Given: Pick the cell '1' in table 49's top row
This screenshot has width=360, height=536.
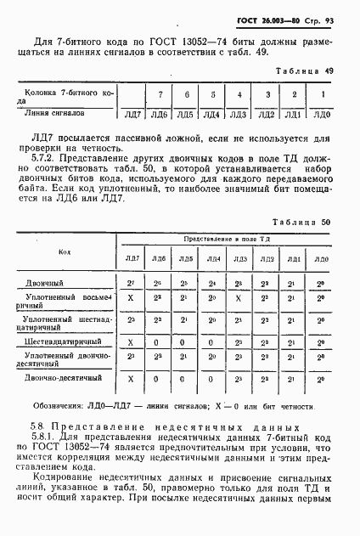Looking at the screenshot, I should (321, 93).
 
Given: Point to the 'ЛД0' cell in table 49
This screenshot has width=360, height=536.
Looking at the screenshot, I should (321, 112).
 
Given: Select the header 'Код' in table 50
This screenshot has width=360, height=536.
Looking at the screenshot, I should (65, 252).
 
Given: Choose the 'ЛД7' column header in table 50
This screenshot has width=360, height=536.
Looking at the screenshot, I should (132, 258).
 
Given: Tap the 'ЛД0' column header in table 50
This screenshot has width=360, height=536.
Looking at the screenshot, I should (320, 258).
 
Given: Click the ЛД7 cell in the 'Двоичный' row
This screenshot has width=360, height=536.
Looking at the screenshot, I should (131, 281).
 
